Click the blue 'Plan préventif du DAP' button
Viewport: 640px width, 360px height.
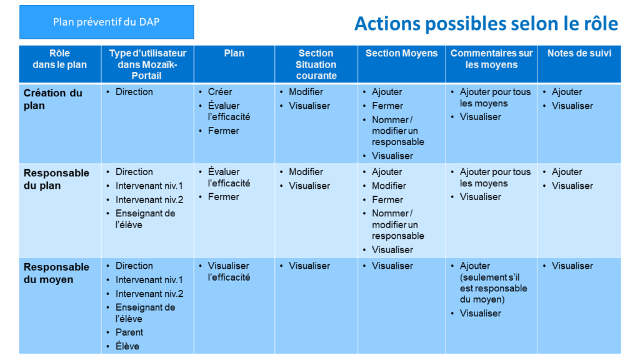(x=106, y=22)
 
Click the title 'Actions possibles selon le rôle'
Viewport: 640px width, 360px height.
(x=486, y=24)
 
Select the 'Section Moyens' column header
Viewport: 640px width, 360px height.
(x=401, y=54)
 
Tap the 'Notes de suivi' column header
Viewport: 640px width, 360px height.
(x=579, y=54)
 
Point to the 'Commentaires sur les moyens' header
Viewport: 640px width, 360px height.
(x=491, y=59)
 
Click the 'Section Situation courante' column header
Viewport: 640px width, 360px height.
(x=316, y=64)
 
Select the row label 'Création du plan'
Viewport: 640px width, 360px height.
(x=52, y=99)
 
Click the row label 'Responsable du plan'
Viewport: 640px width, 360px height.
(x=56, y=179)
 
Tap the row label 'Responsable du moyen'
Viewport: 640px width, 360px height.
(x=56, y=274)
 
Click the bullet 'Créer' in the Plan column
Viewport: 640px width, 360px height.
(x=219, y=92)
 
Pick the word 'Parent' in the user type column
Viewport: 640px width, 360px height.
(x=129, y=332)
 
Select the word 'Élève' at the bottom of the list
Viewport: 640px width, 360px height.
(x=127, y=346)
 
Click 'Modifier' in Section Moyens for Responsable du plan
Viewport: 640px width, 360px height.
(x=389, y=186)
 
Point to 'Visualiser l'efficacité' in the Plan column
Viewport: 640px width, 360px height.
(x=229, y=271)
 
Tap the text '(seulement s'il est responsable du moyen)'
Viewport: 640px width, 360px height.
(x=494, y=288)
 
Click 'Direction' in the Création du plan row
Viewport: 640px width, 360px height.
(x=134, y=92)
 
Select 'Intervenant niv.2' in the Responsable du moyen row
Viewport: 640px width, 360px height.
(x=149, y=294)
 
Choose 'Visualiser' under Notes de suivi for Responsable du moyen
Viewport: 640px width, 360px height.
(x=572, y=266)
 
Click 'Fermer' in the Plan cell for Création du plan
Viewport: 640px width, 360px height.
(x=223, y=131)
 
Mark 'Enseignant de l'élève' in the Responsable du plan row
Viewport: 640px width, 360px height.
(x=145, y=219)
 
